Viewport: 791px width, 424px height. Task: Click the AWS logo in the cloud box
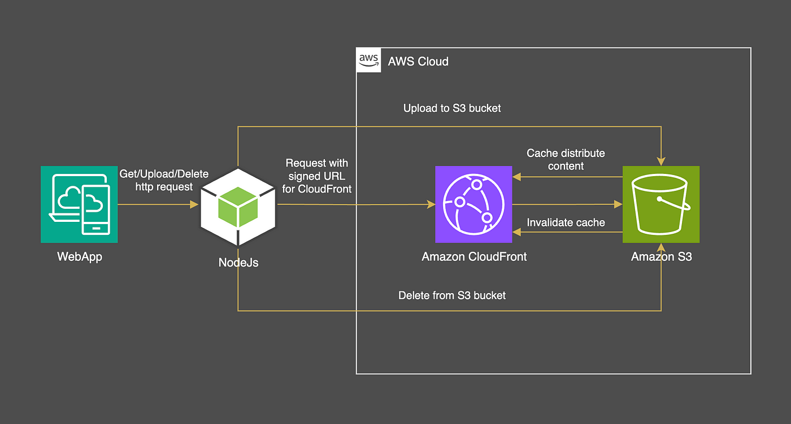(368, 60)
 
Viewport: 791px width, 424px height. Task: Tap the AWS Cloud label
(418, 62)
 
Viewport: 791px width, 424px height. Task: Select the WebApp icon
(79, 204)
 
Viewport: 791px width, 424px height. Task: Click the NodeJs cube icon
(238, 207)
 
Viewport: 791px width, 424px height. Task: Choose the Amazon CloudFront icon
(473, 204)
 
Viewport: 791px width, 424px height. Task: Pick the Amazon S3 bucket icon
(661, 204)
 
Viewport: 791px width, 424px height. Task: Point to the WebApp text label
(80, 256)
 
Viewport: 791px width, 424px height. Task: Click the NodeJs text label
(238, 263)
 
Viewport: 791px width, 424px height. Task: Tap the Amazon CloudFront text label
(474, 256)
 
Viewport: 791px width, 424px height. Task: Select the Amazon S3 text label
(662, 256)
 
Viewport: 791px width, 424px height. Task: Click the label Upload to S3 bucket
(452, 108)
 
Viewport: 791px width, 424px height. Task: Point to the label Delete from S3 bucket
(452, 295)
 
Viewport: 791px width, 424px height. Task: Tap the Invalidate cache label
(566, 222)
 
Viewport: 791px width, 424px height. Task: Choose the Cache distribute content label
(566, 159)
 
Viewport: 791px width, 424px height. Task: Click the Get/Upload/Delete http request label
(164, 180)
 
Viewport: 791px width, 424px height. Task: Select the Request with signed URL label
(317, 176)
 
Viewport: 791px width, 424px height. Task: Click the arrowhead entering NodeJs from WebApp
(194, 204)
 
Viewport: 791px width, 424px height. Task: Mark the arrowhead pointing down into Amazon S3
(661, 161)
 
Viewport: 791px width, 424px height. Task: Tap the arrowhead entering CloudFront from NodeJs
(431, 204)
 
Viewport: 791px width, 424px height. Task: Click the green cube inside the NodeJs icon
(238, 207)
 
